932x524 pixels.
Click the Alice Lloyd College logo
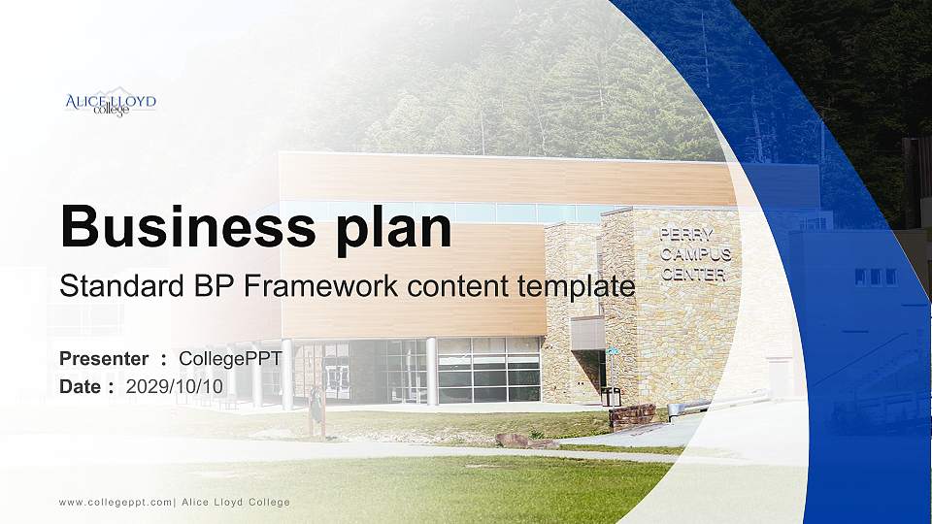pyautogui.click(x=110, y=103)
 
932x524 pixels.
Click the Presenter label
pyautogui.click(x=104, y=359)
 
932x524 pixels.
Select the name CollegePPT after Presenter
pyautogui.click(x=230, y=359)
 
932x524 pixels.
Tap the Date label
pyautogui.click(x=81, y=386)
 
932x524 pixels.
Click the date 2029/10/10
pyautogui.click(x=175, y=386)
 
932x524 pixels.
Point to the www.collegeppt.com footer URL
pyautogui.click(x=115, y=502)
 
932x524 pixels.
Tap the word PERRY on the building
pyautogui.click(x=687, y=234)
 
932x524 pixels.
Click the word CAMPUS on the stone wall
pyautogui.click(x=695, y=254)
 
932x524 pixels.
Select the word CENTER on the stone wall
pyautogui.click(x=693, y=275)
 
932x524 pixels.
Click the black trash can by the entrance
pyautogui.click(x=611, y=396)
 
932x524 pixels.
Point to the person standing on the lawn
pyautogui.click(x=316, y=411)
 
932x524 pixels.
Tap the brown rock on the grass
pyautogui.click(x=513, y=440)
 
